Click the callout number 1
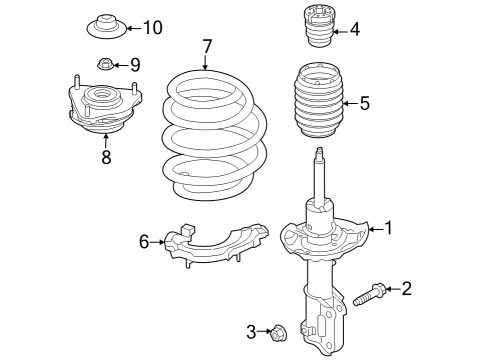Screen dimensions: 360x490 389,228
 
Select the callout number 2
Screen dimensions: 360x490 406,289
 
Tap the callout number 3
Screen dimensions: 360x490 251,331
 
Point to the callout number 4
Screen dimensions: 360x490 354,29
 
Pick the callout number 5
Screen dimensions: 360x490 364,102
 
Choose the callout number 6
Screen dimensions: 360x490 144,241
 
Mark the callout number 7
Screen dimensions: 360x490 207,46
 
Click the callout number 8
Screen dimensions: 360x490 105,156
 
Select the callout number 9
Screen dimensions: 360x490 135,65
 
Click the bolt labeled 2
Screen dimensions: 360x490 369,295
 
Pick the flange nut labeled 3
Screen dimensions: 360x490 280,331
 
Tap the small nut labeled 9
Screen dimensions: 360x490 106,66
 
